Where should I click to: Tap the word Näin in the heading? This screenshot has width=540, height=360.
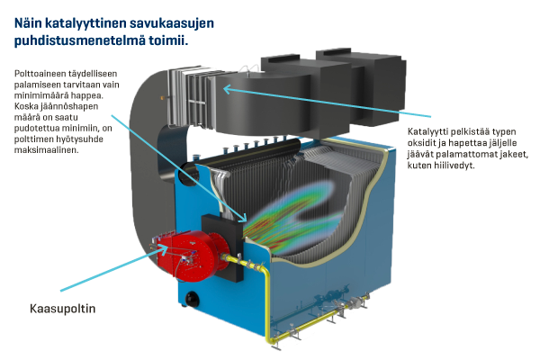coord(31,18)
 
